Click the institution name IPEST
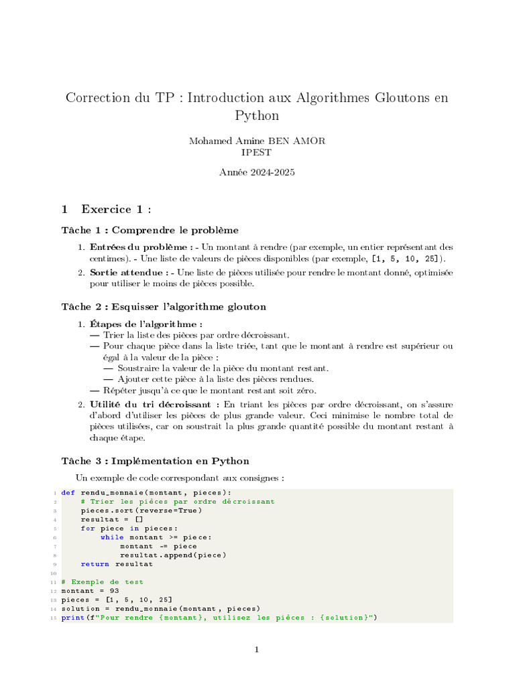click(257, 152)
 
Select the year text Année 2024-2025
click(257, 172)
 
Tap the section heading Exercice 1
click(116, 210)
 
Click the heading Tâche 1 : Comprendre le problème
click(150, 230)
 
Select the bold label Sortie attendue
click(129, 273)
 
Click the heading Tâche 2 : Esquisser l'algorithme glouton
click(164, 307)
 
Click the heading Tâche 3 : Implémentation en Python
click(155, 461)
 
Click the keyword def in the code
click(68, 492)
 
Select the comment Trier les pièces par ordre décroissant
click(178, 501)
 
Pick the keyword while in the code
click(112, 537)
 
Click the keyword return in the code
click(95, 564)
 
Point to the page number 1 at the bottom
click(257, 649)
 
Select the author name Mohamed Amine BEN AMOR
click(257, 141)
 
